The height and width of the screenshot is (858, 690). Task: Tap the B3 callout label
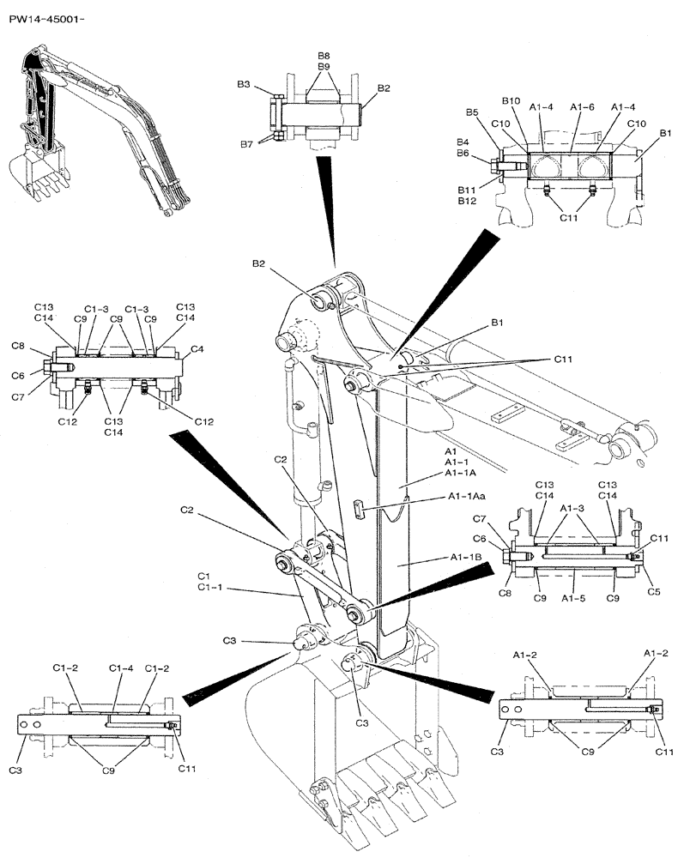click(x=244, y=85)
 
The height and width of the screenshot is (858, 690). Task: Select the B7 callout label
click(x=245, y=144)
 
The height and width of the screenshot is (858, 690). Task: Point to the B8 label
click(x=324, y=56)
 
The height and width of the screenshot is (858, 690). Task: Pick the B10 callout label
click(x=511, y=101)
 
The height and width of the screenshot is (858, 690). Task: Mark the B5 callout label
click(x=472, y=112)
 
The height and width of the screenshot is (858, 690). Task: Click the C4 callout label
click(x=197, y=349)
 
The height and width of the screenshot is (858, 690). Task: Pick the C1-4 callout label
click(x=122, y=668)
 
